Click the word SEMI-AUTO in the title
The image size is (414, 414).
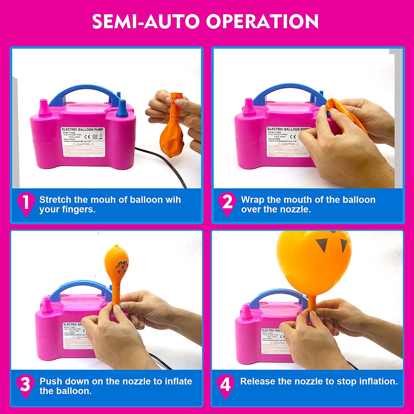click(145, 22)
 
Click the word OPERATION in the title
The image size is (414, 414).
click(262, 22)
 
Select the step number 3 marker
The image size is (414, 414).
click(25, 384)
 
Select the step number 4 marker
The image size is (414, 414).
click(225, 384)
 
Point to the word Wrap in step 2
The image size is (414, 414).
click(253, 200)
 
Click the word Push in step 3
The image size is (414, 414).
click(51, 381)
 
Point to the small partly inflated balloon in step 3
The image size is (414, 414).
click(117, 262)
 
